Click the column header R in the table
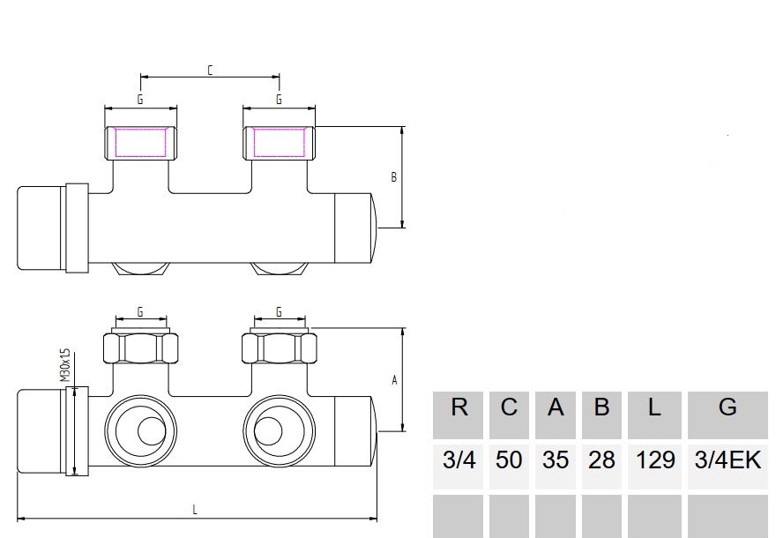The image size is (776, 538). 459,407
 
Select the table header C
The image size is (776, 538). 509,407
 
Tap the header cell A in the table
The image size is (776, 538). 555,407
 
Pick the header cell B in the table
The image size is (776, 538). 601,407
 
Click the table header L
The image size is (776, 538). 654,407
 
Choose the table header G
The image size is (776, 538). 727,407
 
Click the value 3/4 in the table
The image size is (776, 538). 459,460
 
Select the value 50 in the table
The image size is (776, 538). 509,460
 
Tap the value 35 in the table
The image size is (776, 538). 555,460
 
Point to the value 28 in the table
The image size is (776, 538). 601,460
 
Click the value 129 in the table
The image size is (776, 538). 654,460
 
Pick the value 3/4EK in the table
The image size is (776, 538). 727,460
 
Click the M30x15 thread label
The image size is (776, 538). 65,363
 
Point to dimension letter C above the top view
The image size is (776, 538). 210,70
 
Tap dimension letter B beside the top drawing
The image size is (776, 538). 394,177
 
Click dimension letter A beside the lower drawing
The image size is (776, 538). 394,380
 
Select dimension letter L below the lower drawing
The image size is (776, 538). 195,509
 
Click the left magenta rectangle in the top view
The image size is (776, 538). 141,143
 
